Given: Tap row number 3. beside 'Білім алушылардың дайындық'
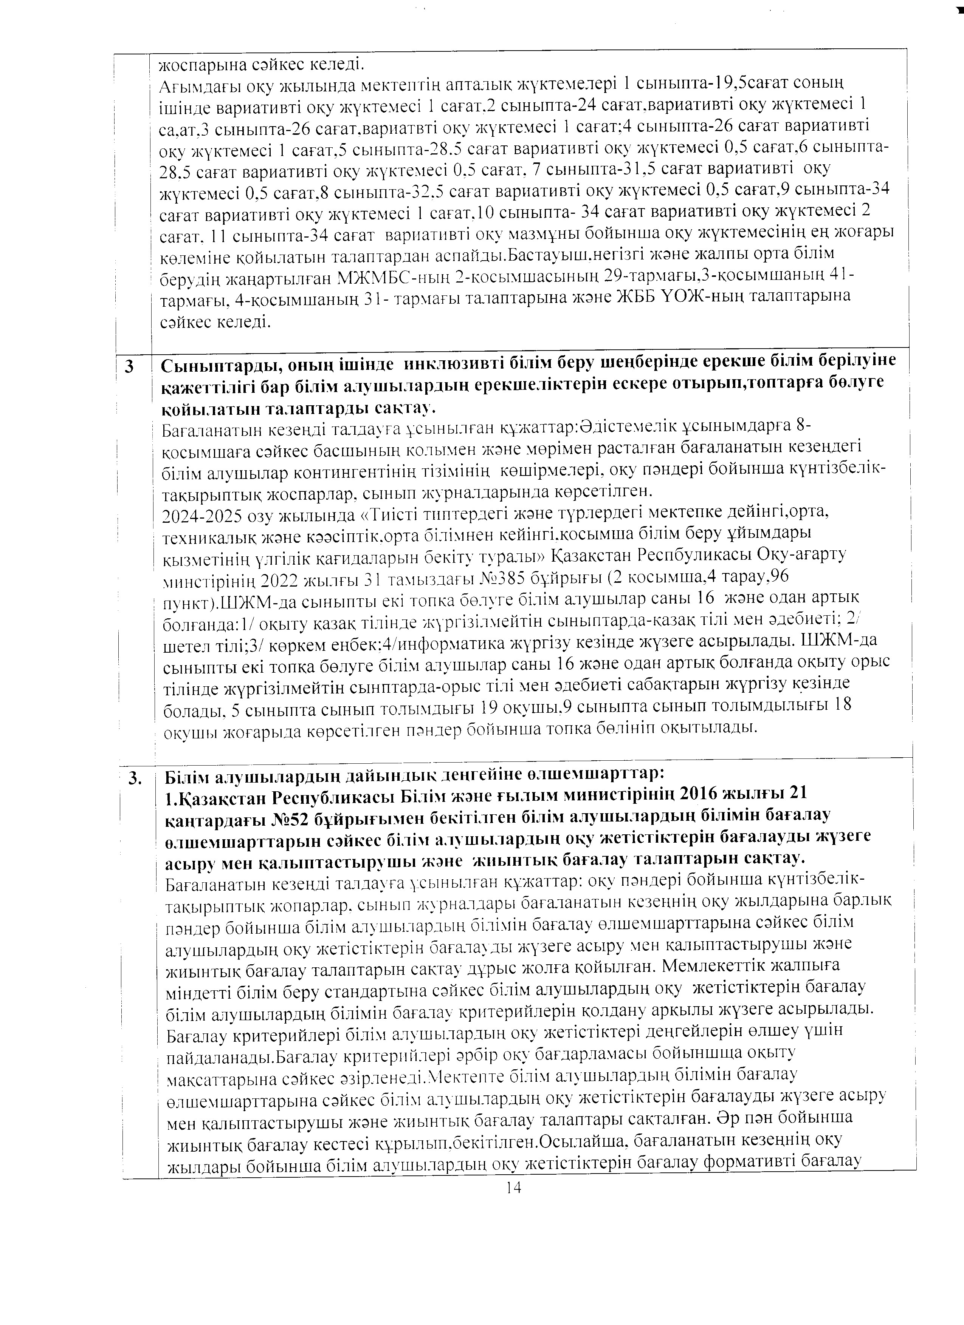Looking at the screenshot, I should click(136, 778).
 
